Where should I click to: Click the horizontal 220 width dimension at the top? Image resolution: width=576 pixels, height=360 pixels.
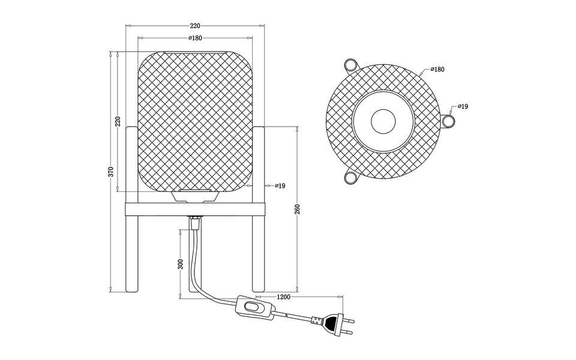tap(195, 25)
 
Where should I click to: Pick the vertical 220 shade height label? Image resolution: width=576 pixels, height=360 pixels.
tap(118, 121)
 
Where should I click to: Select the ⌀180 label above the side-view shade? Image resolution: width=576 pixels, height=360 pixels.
tap(195, 38)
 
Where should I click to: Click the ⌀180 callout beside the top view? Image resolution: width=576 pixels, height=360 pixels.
tap(436, 70)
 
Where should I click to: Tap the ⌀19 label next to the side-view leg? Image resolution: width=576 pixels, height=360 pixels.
tap(280, 186)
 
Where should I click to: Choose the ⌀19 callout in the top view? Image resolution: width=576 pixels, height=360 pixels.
tap(463, 106)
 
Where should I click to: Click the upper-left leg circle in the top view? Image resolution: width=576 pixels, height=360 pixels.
tap(350, 65)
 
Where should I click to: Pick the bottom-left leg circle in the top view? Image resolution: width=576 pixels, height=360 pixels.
tap(350, 178)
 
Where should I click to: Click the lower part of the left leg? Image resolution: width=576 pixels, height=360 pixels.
tap(131, 264)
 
